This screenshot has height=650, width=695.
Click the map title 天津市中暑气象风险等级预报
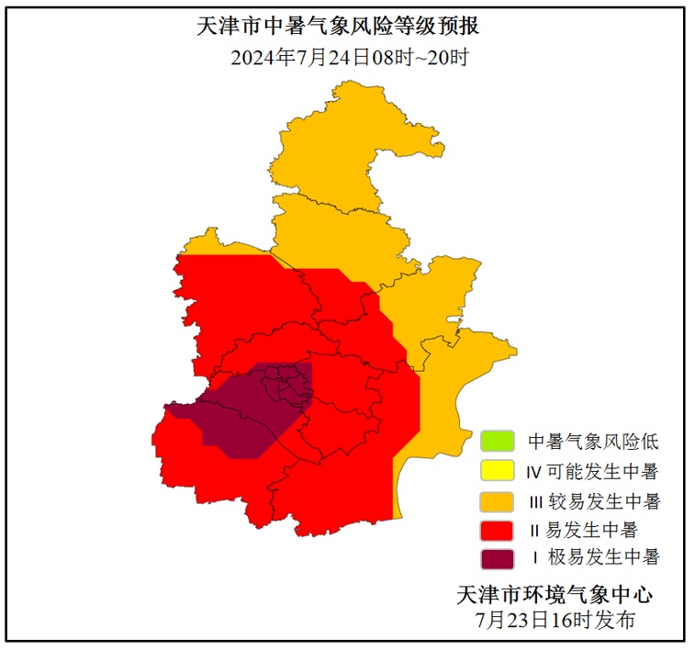click(339, 27)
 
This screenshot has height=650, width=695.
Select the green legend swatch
click(497, 441)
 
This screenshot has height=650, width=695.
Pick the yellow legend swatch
click(497, 471)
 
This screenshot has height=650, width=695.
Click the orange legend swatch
click(497, 501)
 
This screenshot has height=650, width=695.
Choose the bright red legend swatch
click(497, 530)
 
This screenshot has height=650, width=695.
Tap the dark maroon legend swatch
click(497, 557)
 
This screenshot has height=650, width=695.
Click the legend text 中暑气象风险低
click(593, 442)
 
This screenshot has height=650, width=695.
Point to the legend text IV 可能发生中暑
click(591, 472)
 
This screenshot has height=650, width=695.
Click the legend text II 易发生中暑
click(584, 530)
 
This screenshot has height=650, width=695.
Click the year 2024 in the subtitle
click(251, 57)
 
